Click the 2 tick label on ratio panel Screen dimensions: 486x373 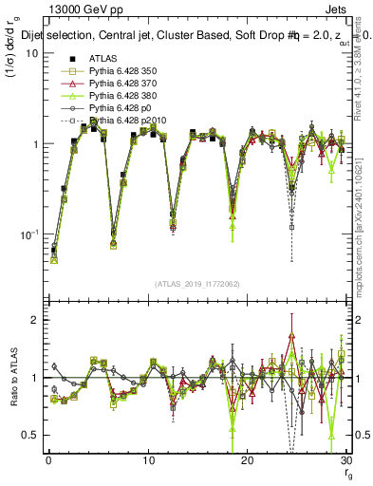click(x=34, y=321)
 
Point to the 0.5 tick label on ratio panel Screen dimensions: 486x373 click(x=30, y=435)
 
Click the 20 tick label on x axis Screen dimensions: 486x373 click(x=248, y=460)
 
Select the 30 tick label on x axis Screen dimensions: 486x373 click(x=346, y=460)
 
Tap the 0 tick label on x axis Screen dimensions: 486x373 click(x=48, y=460)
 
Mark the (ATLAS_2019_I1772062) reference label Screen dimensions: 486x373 click(x=197, y=284)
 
